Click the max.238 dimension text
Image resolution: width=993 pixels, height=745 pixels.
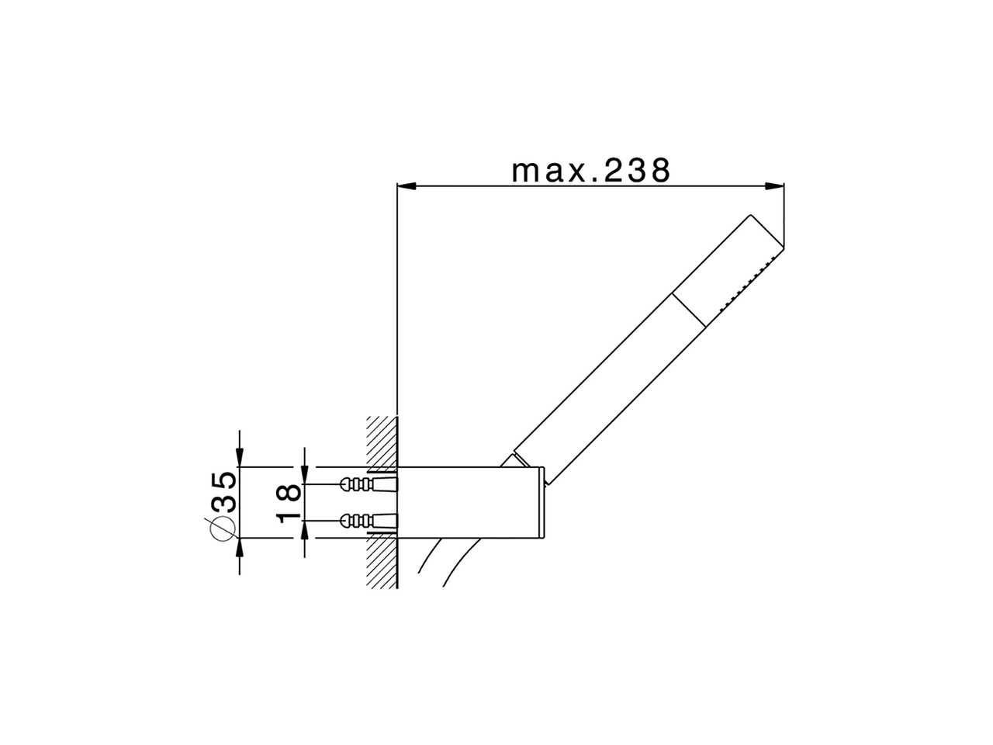590,170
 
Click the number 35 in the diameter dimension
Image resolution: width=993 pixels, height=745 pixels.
223,490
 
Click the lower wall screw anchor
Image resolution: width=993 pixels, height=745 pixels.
368,519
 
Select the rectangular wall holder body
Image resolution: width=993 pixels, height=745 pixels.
473,502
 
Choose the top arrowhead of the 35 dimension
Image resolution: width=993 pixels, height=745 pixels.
240,458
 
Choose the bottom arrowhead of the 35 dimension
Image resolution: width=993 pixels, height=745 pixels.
240,547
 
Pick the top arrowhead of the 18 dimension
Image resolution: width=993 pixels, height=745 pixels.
305,474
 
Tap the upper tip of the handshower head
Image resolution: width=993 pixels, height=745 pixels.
753,217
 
